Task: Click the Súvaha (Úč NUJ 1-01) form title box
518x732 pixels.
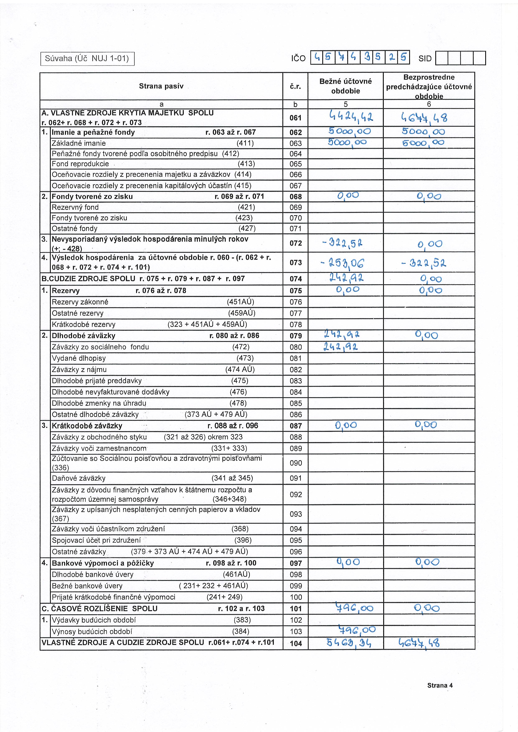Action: tap(87, 59)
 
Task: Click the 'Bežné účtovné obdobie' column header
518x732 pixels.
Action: tap(345, 86)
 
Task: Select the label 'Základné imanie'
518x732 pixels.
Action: tap(79, 143)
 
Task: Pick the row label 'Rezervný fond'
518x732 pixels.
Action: tap(75, 207)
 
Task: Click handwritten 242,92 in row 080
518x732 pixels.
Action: tap(341, 346)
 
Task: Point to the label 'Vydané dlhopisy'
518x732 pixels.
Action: tap(79, 358)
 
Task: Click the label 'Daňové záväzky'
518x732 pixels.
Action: tap(79, 478)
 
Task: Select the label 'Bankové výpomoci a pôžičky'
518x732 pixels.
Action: tap(103, 563)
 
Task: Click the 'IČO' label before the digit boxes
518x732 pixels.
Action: tap(298, 58)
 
